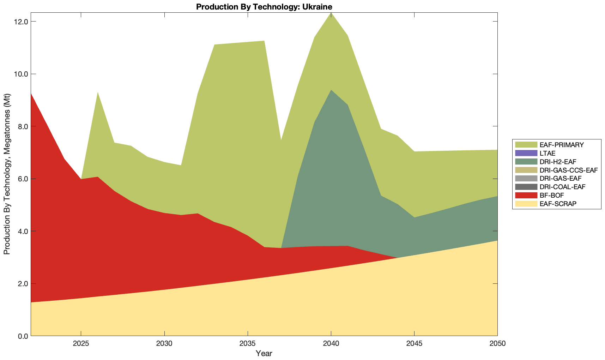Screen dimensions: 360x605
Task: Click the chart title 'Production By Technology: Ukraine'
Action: click(x=264, y=6)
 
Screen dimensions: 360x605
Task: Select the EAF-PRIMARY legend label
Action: click(x=562, y=145)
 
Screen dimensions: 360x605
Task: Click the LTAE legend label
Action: click(x=547, y=153)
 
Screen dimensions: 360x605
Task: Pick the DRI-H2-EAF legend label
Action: click(x=558, y=162)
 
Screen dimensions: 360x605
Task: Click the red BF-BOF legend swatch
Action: click(x=526, y=195)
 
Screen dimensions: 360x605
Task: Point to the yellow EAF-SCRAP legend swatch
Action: click(x=526, y=204)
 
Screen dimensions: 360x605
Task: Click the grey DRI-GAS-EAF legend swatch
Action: click(x=526, y=179)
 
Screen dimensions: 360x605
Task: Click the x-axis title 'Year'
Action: click(x=264, y=353)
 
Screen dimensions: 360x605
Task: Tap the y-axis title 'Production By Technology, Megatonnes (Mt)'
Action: click(x=7, y=174)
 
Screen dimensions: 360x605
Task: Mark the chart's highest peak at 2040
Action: click(x=331, y=13)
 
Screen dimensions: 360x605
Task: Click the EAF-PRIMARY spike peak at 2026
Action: click(x=97, y=92)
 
